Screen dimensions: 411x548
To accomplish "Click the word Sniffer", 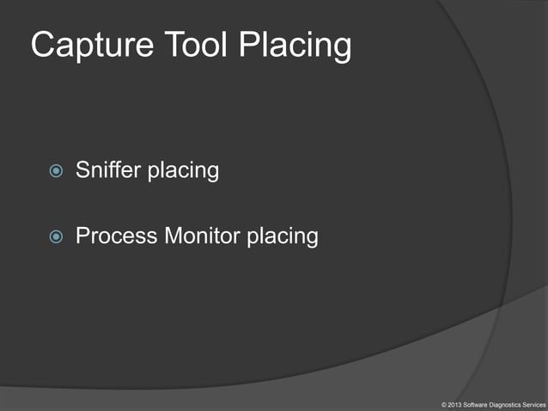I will pos(108,170).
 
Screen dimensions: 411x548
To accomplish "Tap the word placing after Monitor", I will pos(283,236).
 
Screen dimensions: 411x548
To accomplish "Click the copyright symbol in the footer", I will pos(443,403).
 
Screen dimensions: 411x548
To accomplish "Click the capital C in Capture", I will pos(42,46).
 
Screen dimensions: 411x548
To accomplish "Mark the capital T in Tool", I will pos(161,46).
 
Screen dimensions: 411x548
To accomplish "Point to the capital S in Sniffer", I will pos(83,170).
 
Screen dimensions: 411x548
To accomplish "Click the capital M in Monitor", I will pos(170,235).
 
